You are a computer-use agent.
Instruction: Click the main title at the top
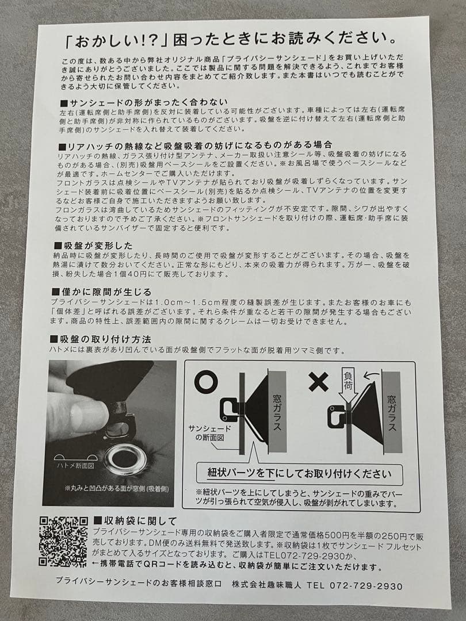click(x=233, y=40)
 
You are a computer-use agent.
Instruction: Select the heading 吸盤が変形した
click(x=96, y=244)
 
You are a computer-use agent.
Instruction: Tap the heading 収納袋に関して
click(x=135, y=521)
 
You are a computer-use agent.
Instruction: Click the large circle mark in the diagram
click(x=206, y=382)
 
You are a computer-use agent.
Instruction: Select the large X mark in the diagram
click(x=318, y=382)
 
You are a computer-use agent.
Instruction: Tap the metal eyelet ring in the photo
click(x=122, y=458)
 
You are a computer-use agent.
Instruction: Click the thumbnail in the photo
click(x=86, y=411)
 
